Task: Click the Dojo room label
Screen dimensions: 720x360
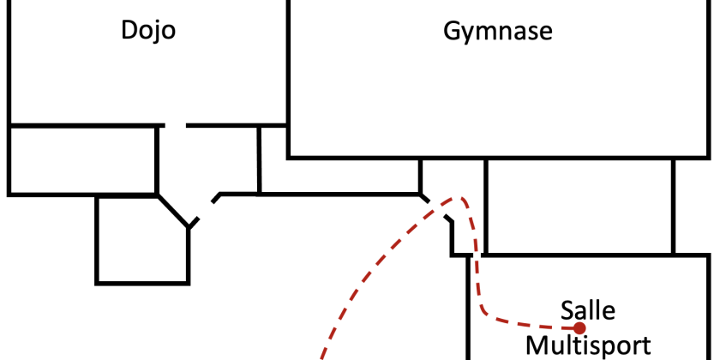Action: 148,31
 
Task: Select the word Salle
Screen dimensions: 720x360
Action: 588,310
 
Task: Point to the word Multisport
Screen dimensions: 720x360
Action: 588,345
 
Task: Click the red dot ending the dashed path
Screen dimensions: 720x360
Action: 579,327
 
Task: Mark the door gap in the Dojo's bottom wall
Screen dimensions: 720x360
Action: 176,125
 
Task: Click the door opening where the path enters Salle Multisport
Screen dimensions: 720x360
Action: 477,255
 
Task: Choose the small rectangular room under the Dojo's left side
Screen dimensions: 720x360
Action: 83,160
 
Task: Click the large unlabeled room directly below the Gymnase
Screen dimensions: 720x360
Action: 579,206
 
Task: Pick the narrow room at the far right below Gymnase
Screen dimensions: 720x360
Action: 692,206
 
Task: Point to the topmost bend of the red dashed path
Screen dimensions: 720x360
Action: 459,198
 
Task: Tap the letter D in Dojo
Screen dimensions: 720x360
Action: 129,31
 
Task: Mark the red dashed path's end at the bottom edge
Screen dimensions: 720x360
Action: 322,357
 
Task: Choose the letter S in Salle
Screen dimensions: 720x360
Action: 567,310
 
